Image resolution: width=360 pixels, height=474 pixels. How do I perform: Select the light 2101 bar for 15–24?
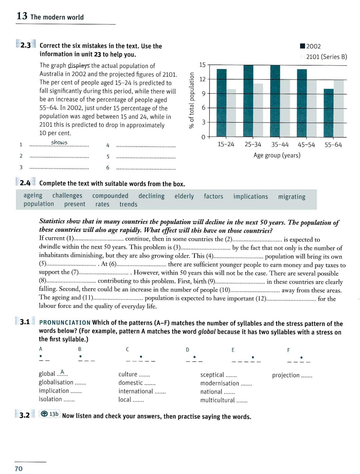click(x=231, y=113)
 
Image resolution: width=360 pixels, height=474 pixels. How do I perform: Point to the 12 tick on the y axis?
click(x=202, y=79)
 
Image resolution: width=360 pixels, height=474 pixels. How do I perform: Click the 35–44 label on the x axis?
click(x=280, y=145)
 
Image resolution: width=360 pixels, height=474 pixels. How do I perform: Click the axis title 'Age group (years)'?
click(x=277, y=155)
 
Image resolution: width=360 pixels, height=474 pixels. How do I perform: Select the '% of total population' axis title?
click(x=192, y=100)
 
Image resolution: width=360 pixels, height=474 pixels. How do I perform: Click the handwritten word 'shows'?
click(x=59, y=142)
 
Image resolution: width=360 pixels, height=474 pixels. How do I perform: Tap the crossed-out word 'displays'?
click(x=78, y=65)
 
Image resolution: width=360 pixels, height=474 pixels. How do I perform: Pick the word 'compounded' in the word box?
click(x=110, y=196)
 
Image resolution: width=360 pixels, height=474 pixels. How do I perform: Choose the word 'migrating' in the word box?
click(x=292, y=197)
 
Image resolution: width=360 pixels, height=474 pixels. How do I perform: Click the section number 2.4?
click(x=25, y=183)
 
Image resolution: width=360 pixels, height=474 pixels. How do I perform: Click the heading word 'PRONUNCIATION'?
click(x=65, y=323)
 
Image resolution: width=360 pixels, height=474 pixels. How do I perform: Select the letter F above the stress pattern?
click(x=288, y=350)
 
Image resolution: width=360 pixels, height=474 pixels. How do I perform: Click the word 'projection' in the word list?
click(x=286, y=375)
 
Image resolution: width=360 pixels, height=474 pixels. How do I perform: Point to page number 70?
click(x=19, y=469)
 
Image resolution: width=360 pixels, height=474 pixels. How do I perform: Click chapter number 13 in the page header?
click(x=22, y=16)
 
